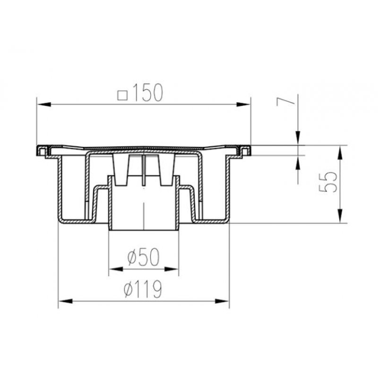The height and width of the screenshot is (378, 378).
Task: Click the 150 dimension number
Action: click(147, 93)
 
